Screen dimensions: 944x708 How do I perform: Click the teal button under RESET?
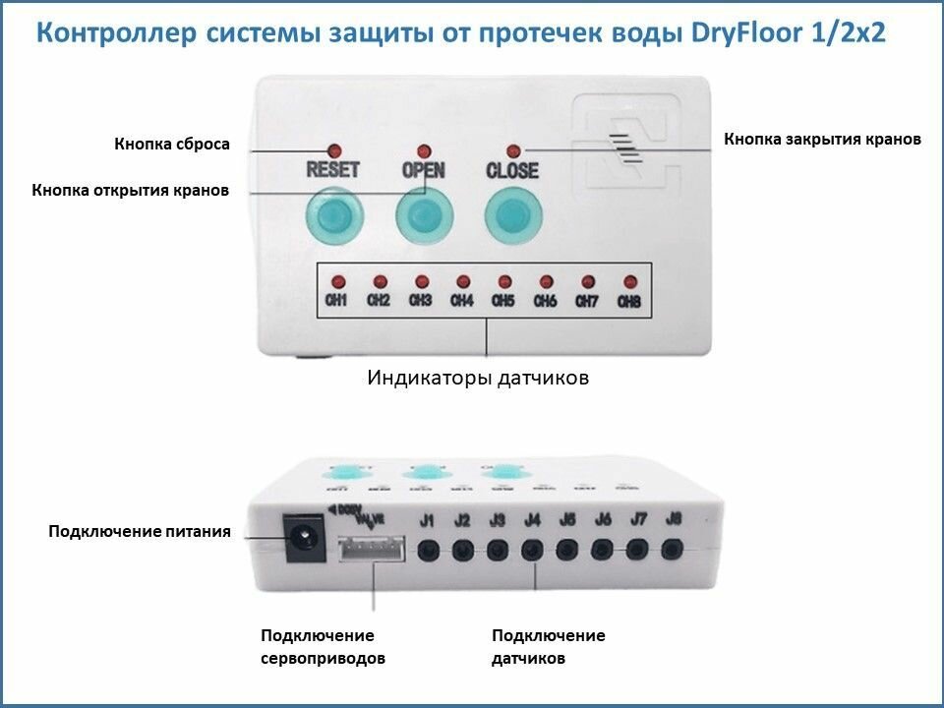tap(334, 217)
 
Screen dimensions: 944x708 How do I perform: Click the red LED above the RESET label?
tap(333, 150)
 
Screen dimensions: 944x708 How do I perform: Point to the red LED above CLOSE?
tap(512, 150)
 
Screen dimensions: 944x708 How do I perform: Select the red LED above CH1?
tap(337, 281)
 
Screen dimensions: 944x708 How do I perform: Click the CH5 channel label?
tap(503, 301)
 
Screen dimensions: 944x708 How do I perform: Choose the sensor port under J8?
tap(672, 550)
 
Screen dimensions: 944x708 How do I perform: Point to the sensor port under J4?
tap(533, 550)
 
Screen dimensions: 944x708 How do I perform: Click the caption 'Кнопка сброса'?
tap(172, 145)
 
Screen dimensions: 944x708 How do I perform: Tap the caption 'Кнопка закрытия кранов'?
tap(822, 139)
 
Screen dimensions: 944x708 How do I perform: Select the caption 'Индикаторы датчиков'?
tap(478, 377)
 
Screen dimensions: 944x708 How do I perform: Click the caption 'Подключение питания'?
tap(140, 532)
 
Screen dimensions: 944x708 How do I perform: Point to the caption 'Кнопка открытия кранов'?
tap(131, 190)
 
